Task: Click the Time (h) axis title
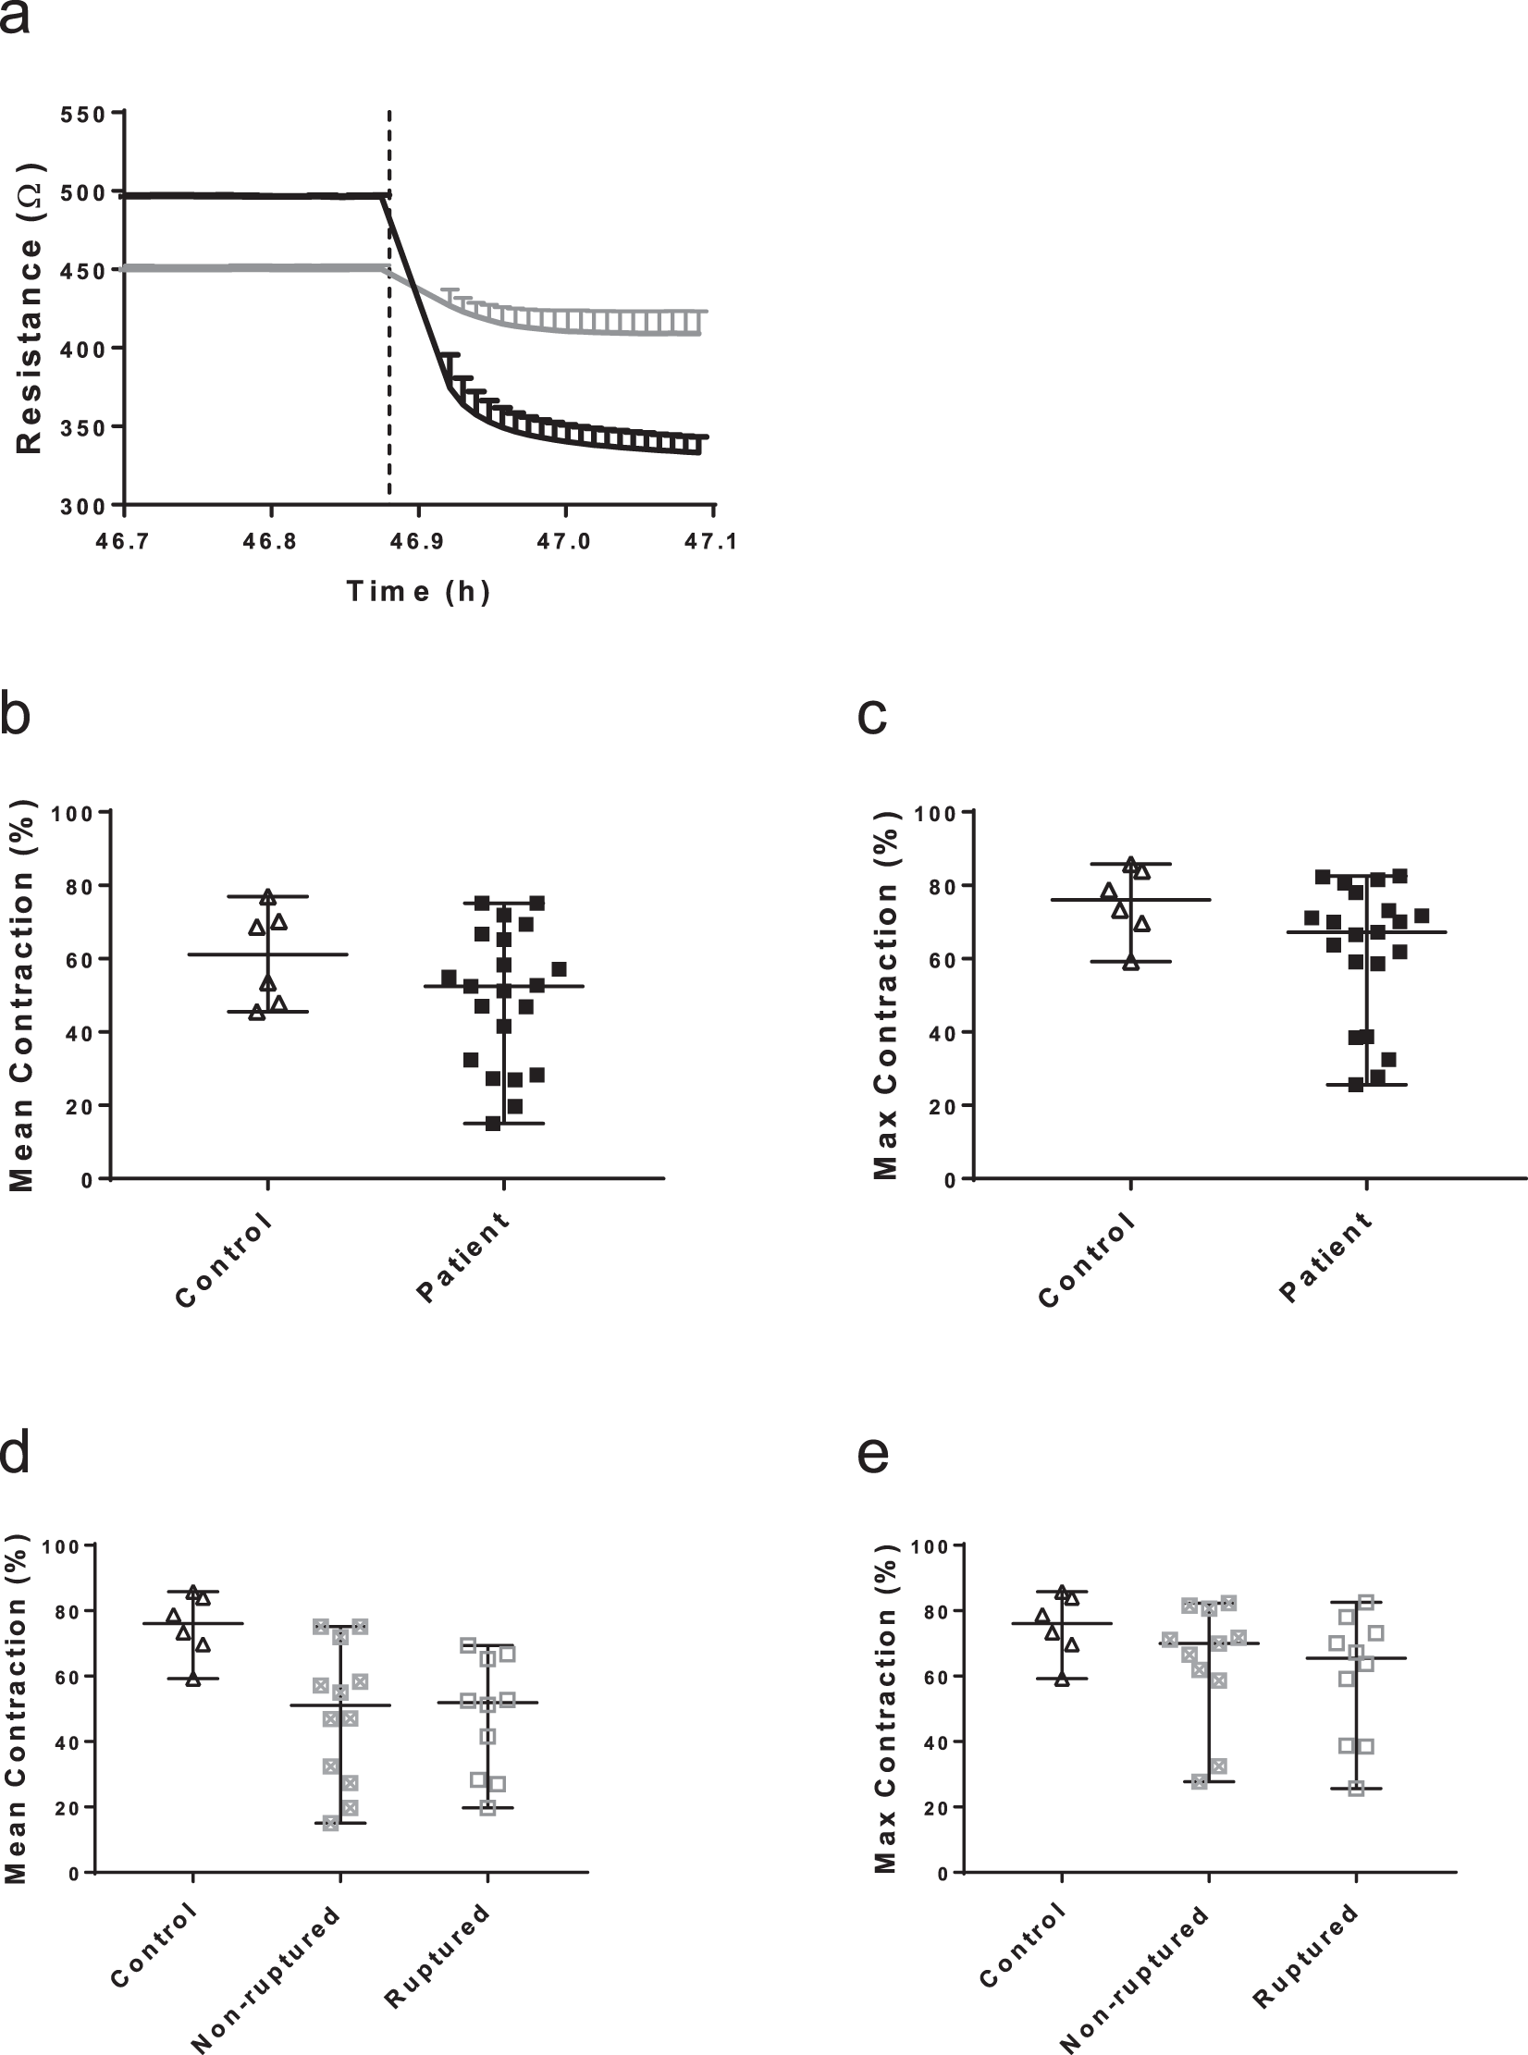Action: coord(418,591)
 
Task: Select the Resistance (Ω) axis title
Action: coord(30,308)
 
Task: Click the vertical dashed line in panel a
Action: coord(388,305)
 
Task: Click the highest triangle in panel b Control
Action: coord(268,896)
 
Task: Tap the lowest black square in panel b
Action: coord(493,1124)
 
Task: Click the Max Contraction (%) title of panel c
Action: coord(885,994)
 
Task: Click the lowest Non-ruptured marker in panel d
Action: coord(330,1823)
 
